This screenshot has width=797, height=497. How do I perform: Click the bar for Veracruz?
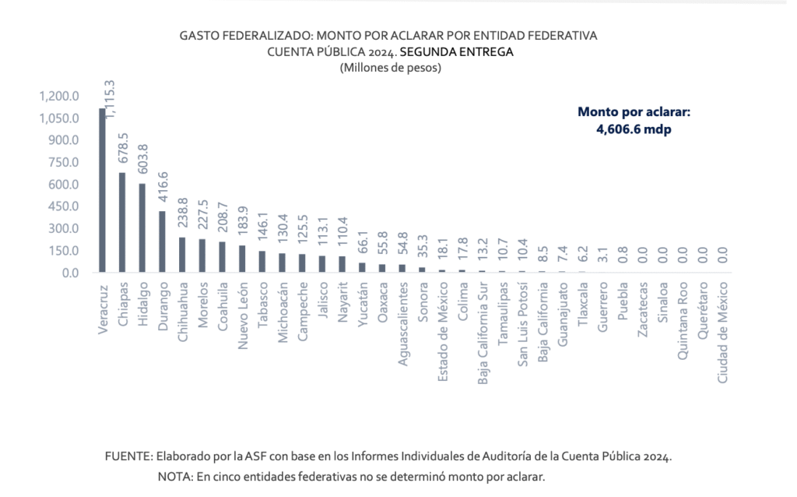click(x=102, y=191)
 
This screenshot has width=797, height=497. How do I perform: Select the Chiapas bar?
click(x=122, y=223)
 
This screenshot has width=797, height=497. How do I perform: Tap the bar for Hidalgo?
click(x=142, y=228)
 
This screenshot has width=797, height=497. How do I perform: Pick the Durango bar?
click(x=162, y=242)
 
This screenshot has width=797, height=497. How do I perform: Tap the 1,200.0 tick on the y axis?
click(x=59, y=97)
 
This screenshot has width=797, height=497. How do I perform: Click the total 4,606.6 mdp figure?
click(x=634, y=129)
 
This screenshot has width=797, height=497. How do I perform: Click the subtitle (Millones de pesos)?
click(x=391, y=68)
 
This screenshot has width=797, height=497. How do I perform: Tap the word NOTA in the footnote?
click(x=172, y=476)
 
